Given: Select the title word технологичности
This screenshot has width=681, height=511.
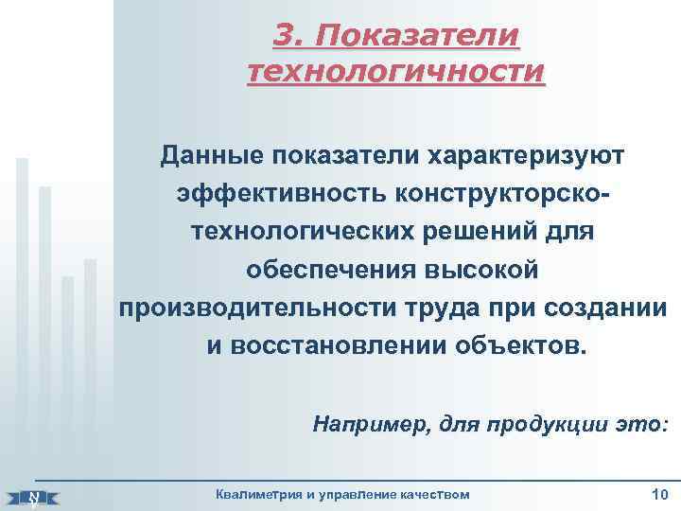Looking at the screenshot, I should point(395,72).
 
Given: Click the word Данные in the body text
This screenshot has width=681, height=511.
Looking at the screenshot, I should point(209,153).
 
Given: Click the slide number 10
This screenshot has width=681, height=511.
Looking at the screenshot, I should point(659,493).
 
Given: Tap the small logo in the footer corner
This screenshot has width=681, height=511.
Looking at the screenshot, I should point(34,496).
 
